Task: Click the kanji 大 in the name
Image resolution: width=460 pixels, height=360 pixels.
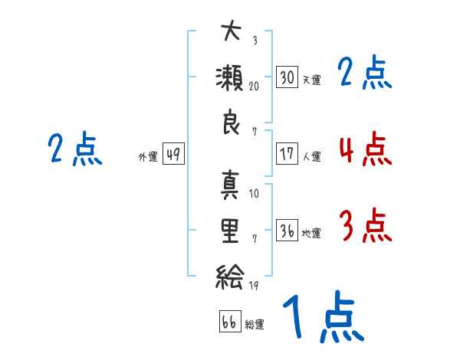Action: (x=232, y=30)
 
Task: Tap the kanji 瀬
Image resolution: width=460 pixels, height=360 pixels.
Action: (x=230, y=78)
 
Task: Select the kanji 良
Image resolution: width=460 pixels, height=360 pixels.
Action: (x=232, y=122)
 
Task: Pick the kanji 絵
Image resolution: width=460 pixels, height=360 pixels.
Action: (x=230, y=277)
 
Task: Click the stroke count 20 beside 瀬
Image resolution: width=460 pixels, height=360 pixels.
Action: (x=254, y=87)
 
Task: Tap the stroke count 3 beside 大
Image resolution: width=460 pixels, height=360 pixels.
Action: (x=255, y=40)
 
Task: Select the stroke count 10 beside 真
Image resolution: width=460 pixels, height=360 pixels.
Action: (x=254, y=193)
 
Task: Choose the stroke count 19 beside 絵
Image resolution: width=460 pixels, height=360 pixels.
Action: (x=254, y=286)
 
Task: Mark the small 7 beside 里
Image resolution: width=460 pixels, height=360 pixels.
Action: (x=255, y=239)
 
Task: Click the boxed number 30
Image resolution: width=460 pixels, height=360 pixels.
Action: (x=287, y=77)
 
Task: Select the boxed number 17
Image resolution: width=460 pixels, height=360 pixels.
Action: (x=287, y=153)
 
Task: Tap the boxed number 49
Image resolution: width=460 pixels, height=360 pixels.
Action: (x=173, y=153)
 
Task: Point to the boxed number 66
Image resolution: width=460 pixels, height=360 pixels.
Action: (x=230, y=321)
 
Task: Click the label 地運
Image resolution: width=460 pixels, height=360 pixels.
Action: (x=311, y=233)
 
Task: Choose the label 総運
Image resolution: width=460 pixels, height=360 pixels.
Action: (x=255, y=324)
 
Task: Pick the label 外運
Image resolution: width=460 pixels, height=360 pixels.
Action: (x=148, y=156)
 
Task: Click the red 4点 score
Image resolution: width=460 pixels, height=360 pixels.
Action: (x=366, y=149)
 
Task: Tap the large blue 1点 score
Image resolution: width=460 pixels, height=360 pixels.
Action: (x=324, y=316)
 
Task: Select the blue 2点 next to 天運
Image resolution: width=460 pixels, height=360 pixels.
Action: (x=365, y=72)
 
